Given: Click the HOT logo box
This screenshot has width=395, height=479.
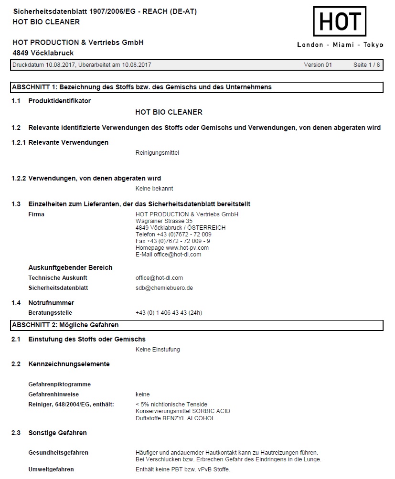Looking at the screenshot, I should [340, 21].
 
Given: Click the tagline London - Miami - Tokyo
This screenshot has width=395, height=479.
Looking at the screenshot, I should [340, 45].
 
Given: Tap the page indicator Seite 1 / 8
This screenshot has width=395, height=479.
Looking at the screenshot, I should [366, 65].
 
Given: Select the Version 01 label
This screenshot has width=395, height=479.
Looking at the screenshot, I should [318, 65].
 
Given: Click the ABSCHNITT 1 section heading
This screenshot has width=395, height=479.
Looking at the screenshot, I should [141, 87].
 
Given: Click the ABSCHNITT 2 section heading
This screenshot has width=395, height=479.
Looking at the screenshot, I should [65, 325].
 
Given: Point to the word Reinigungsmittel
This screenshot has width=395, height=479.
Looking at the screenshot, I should [157, 153].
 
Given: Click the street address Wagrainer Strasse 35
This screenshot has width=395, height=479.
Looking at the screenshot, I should [164, 221].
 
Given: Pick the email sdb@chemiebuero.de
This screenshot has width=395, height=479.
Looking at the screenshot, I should [164, 288].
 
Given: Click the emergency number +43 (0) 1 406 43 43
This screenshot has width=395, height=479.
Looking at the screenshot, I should [169, 313].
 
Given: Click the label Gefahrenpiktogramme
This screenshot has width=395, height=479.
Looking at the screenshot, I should [59, 384].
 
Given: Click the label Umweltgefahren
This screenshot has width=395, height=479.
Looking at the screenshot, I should [51, 469].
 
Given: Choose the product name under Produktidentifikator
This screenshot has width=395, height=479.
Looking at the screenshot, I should [169, 112].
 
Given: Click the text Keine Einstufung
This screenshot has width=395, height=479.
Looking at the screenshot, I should [158, 350].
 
